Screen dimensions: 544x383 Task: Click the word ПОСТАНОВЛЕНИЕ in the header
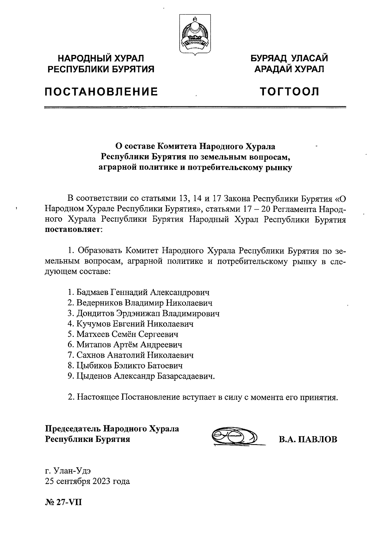point(101,92)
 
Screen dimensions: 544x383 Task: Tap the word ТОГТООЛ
point(289,92)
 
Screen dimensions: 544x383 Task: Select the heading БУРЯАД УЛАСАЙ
point(289,58)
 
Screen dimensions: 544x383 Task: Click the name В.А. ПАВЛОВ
point(308,439)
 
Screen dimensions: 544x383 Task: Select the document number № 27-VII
point(64,503)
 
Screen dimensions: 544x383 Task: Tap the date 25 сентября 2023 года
point(87,481)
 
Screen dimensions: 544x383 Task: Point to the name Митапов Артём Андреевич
point(129,345)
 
